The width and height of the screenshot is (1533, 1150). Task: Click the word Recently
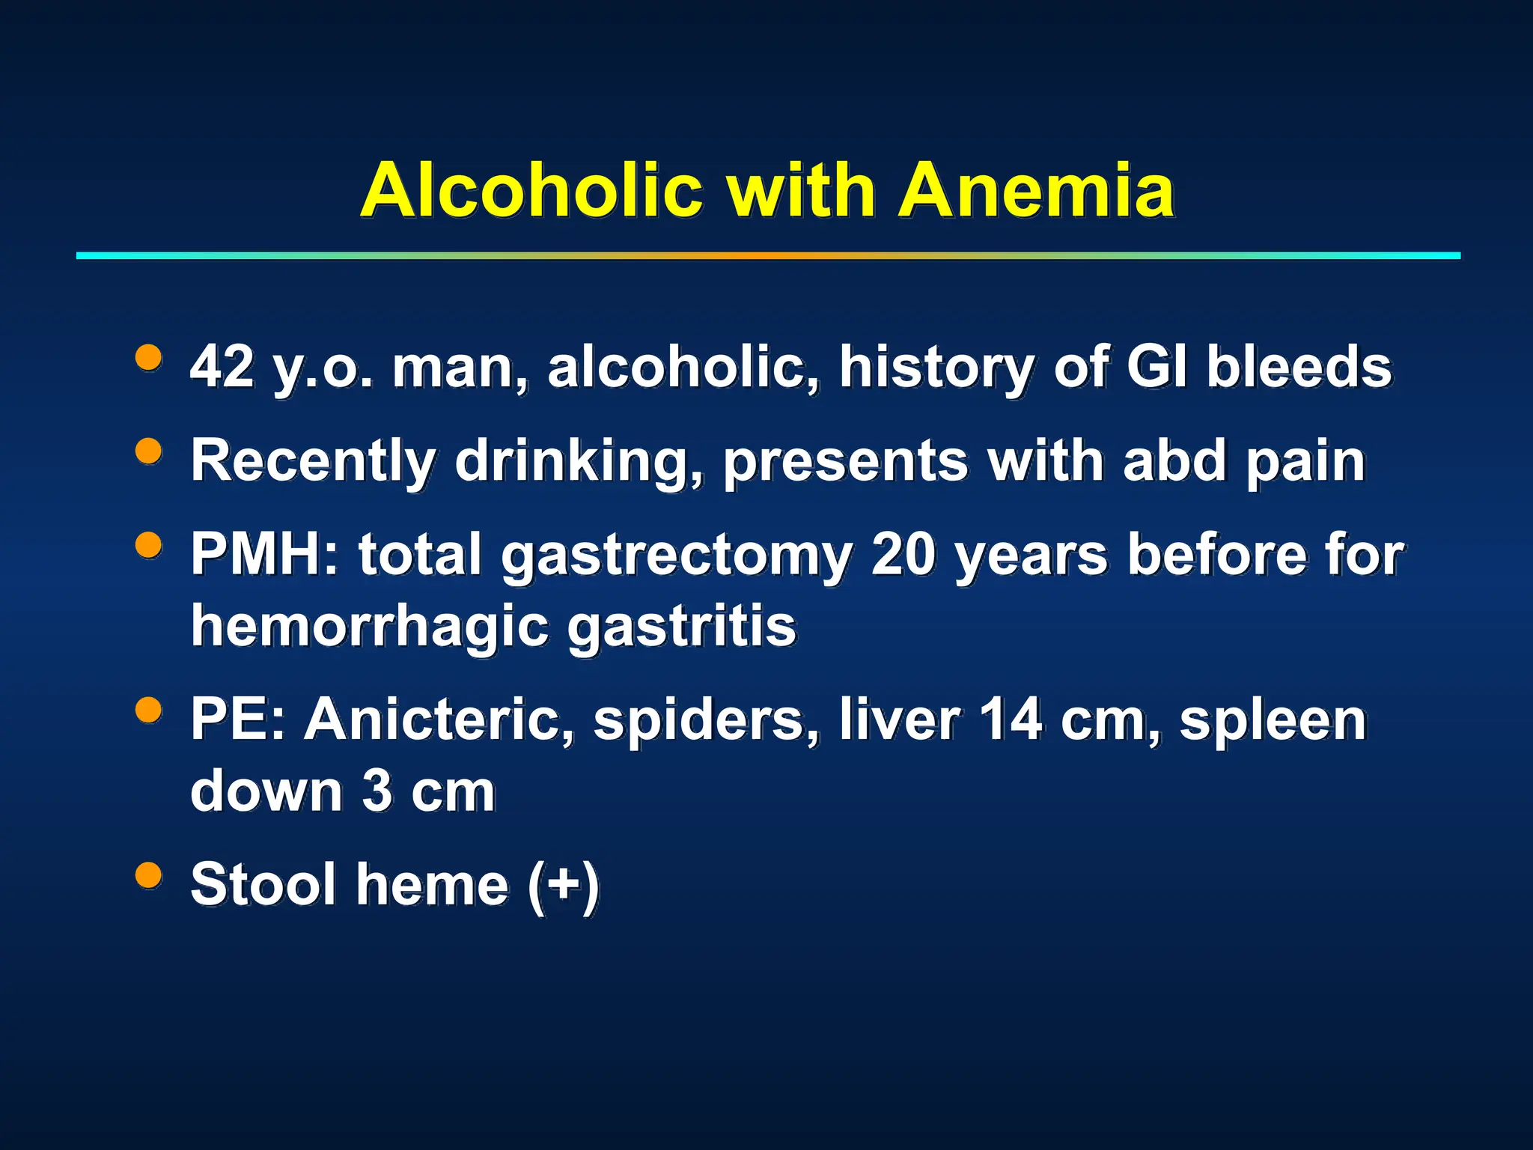tap(312, 460)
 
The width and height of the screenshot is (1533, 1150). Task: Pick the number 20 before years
tap(903, 554)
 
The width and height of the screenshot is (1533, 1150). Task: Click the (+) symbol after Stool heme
tap(563, 885)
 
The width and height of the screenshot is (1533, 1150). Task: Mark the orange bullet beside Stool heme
tap(149, 874)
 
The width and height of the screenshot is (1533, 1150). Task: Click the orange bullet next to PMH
tap(149, 544)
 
